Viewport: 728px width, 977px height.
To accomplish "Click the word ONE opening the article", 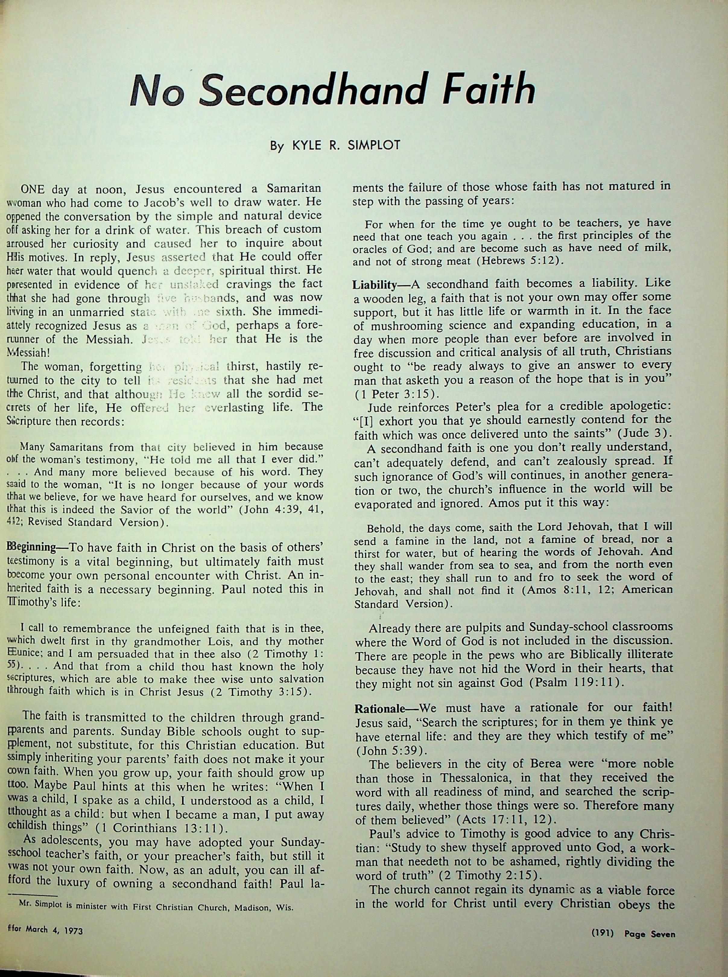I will (x=33, y=190).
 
